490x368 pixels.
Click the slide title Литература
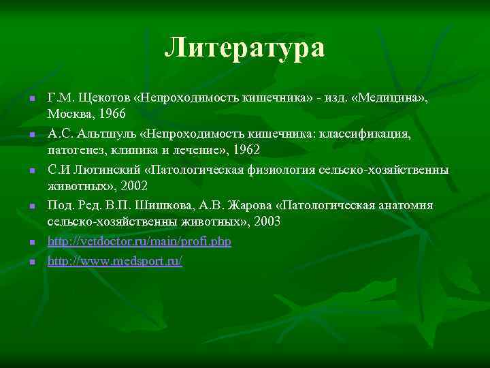click(245, 48)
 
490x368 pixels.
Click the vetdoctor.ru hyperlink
click(140, 243)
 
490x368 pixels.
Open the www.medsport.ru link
click(115, 261)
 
